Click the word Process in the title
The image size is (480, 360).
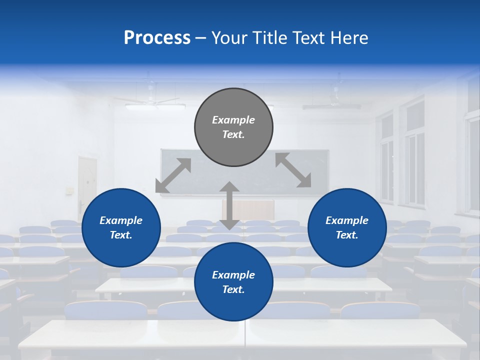pyautogui.click(x=157, y=38)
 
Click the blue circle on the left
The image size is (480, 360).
pyautogui.click(x=121, y=227)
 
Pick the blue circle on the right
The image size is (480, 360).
pyautogui.click(x=347, y=227)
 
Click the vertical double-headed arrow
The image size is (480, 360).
pyautogui.click(x=229, y=205)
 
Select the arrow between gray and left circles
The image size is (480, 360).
pyautogui.click(x=173, y=175)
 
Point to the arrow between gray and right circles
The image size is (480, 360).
pyautogui.click(x=293, y=170)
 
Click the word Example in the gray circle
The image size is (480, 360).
pyautogui.click(x=233, y=120)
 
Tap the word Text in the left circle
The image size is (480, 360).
pyautogui.click(x=121, y=235)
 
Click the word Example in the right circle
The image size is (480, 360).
pyautogui.click(x=347, y=220)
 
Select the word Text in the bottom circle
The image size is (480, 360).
pyautogui.click(x=233, y=289)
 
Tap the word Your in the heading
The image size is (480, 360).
pyautogui.click(x=227, y=38)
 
